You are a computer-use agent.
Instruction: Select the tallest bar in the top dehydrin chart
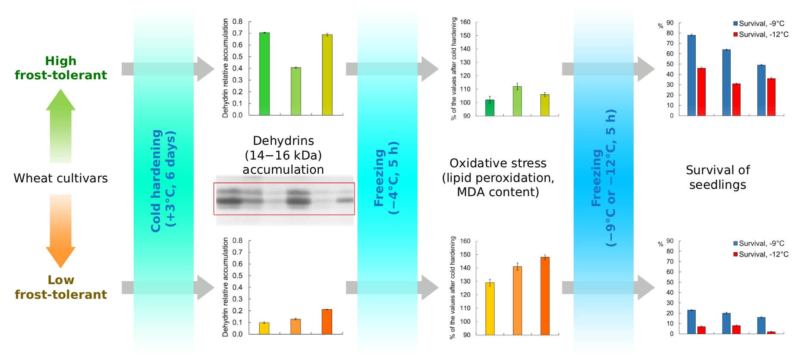pyautogui.click(x=264, y=74)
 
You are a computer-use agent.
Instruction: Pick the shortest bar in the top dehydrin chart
pyautogui.click(x=295, y=91)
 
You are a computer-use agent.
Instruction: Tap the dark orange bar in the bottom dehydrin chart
pyautogui.click(x=327, y=322)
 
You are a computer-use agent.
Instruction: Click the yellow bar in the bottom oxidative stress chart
pyautogui.click(x=490, y=308)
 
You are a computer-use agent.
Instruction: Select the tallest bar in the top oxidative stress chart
pyautogui.click(x=517, y=101)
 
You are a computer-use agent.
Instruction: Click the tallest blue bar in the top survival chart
pyautogui.click(x=691, y=75)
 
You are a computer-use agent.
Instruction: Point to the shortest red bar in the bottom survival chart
pyautogui.click(x=771, y=332)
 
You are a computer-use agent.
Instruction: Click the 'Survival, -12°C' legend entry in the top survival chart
pyautogui.click(x=761, y=34)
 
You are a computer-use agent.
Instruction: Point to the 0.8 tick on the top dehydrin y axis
pyautogui.click(x=237, y=22)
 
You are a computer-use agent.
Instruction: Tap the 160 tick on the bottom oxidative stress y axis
pyautogui.click(x=465, y=241)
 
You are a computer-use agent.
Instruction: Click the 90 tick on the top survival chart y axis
pyautogui.click(x=670, y=23)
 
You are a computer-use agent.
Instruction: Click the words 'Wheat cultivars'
pyautogui.click(x=60, y=178)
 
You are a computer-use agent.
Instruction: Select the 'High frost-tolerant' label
pyautogui.click(x=60, y=68)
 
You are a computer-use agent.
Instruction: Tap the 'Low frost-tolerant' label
pyautogui.click(x=60, y=287)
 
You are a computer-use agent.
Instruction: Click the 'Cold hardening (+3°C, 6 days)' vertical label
pyautogui.click(x=163, y=181)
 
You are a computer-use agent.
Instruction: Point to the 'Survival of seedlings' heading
pyautogui.click(x=718, y=177)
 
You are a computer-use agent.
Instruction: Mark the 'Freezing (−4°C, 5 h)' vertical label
pyautogui.click(x=386, y=178)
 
